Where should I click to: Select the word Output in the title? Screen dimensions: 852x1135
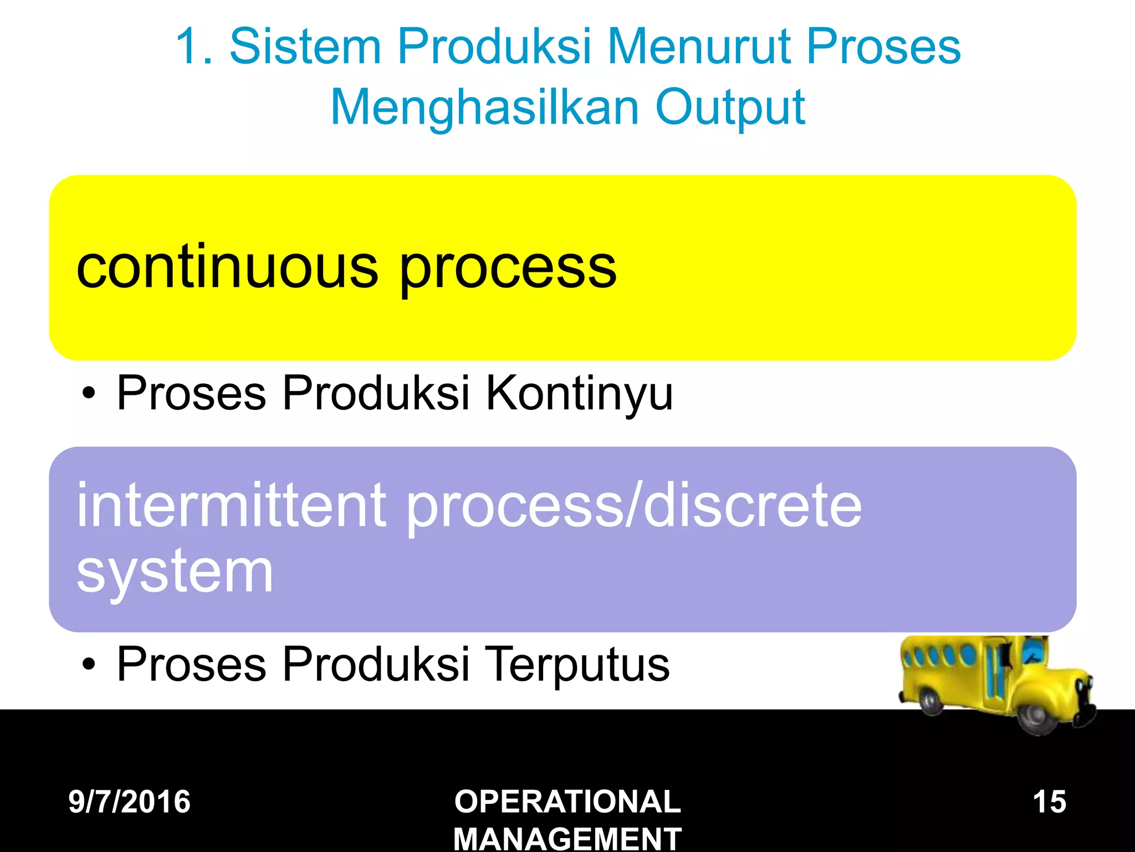tap(730, 108)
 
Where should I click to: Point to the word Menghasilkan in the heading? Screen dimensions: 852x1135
tap(484, 108)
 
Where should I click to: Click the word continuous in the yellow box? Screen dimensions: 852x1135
tap(227, 268)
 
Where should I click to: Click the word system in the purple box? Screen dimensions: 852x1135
tap(175, 571)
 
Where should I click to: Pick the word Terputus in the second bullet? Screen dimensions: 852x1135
tap(577, 665)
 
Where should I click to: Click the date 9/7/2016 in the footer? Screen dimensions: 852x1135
tap(129, 802)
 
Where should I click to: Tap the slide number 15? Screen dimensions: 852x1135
tap(1049, 802)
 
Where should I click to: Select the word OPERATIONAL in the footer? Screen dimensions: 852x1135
tap(567, 802)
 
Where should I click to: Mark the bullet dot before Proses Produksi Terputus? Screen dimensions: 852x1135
tap(88, 665)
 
